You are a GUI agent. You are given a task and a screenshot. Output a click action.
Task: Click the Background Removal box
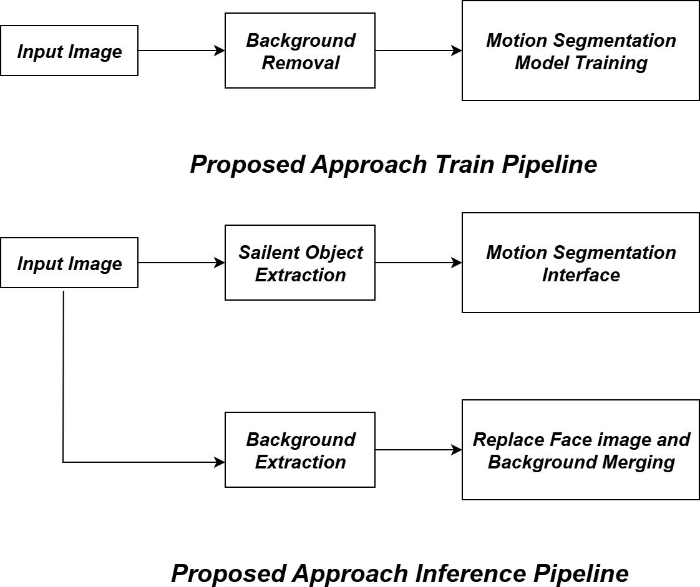click(299, 51)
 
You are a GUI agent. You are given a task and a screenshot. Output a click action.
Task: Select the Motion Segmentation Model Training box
click(580, 51)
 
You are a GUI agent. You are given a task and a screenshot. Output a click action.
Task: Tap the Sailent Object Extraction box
click(299, 263)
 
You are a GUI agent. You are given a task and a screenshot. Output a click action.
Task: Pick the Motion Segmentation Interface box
click(580, 263)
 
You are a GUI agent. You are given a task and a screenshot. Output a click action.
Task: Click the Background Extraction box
click(299, 450)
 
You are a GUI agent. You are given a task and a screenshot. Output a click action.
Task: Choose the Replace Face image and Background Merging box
click(580, 450)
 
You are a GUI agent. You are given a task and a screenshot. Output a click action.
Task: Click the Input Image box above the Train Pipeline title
click(69, 51)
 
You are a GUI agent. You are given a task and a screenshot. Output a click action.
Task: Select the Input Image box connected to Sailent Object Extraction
click(69, 263)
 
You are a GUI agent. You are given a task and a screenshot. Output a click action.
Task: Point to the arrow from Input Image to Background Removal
click(181, 51)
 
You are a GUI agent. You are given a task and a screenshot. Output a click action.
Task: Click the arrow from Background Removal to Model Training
click(418, 51)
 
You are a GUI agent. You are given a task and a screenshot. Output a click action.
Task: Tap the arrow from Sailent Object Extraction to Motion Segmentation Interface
click(418, 263)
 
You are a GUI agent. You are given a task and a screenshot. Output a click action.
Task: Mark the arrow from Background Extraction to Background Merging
click(418, 450)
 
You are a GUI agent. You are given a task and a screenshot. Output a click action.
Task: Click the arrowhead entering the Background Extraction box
click(220, 462)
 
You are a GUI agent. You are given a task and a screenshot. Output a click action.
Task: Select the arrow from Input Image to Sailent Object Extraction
click(181, 263)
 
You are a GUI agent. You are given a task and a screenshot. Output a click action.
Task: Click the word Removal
click(301, 62)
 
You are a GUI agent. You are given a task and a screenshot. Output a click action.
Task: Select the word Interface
click(581, 275)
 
